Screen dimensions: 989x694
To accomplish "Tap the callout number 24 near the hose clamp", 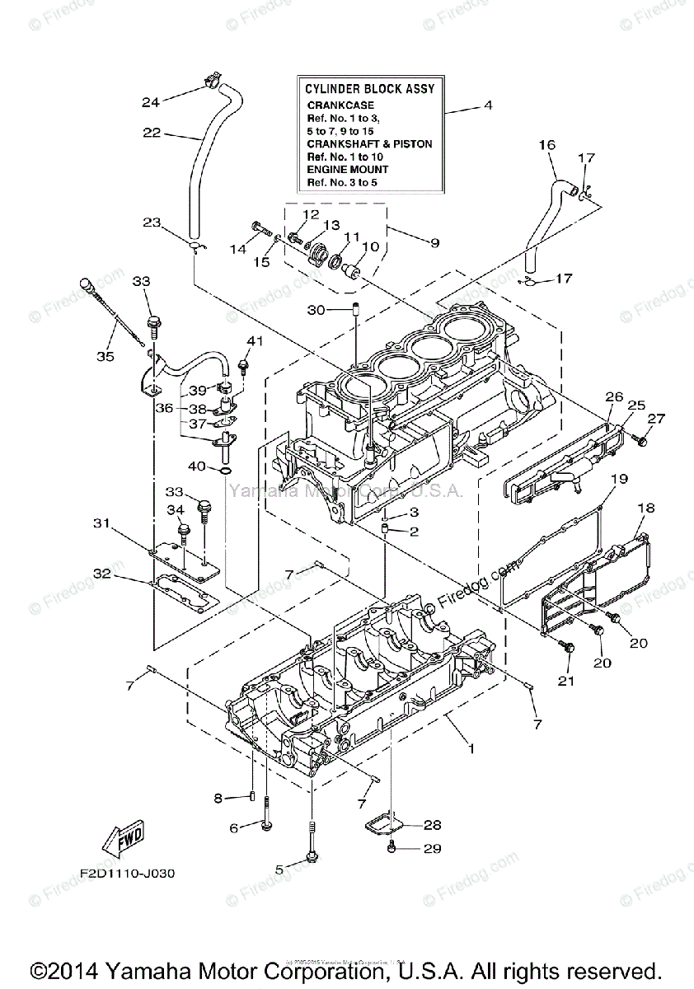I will (150, 102).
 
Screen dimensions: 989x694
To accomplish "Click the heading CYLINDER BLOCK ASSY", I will (369, 88).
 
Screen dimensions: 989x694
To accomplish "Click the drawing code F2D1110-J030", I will (128, 873).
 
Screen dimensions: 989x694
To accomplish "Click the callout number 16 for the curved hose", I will (547, 145).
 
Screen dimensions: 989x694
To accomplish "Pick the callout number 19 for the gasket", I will (620, 479).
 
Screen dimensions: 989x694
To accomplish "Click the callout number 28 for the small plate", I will (433, 825).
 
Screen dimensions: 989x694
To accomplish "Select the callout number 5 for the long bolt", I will (279, 869).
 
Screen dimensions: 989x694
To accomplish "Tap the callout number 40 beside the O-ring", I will (195, 466).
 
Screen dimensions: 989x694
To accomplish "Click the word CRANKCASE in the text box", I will (340, 105).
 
